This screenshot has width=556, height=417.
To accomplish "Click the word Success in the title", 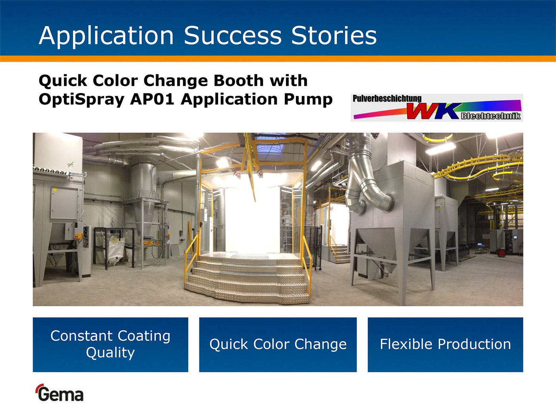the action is (233, 36).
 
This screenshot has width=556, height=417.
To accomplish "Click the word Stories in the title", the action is (334, 36).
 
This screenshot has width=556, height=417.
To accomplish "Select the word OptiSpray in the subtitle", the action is (81, 100).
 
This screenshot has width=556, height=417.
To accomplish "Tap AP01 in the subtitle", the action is (152, 99).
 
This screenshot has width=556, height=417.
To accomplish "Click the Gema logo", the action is (60, 393).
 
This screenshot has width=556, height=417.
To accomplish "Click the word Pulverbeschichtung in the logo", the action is (387, 98).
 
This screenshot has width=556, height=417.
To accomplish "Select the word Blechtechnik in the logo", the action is (490, 116).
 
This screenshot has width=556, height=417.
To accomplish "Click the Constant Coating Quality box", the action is (110, 345).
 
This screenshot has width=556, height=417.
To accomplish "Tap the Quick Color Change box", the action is (278, 345).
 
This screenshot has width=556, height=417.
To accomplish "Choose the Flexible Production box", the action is (445, 345).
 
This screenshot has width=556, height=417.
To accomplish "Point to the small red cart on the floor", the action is (501, 253).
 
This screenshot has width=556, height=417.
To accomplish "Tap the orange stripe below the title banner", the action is (278, 59).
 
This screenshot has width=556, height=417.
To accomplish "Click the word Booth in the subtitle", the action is (238, 81).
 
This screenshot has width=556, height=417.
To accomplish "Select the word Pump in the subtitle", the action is (308, 100).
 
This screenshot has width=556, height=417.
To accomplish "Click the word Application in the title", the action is (106, 36).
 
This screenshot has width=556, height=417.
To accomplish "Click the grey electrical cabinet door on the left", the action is (64, 203).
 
